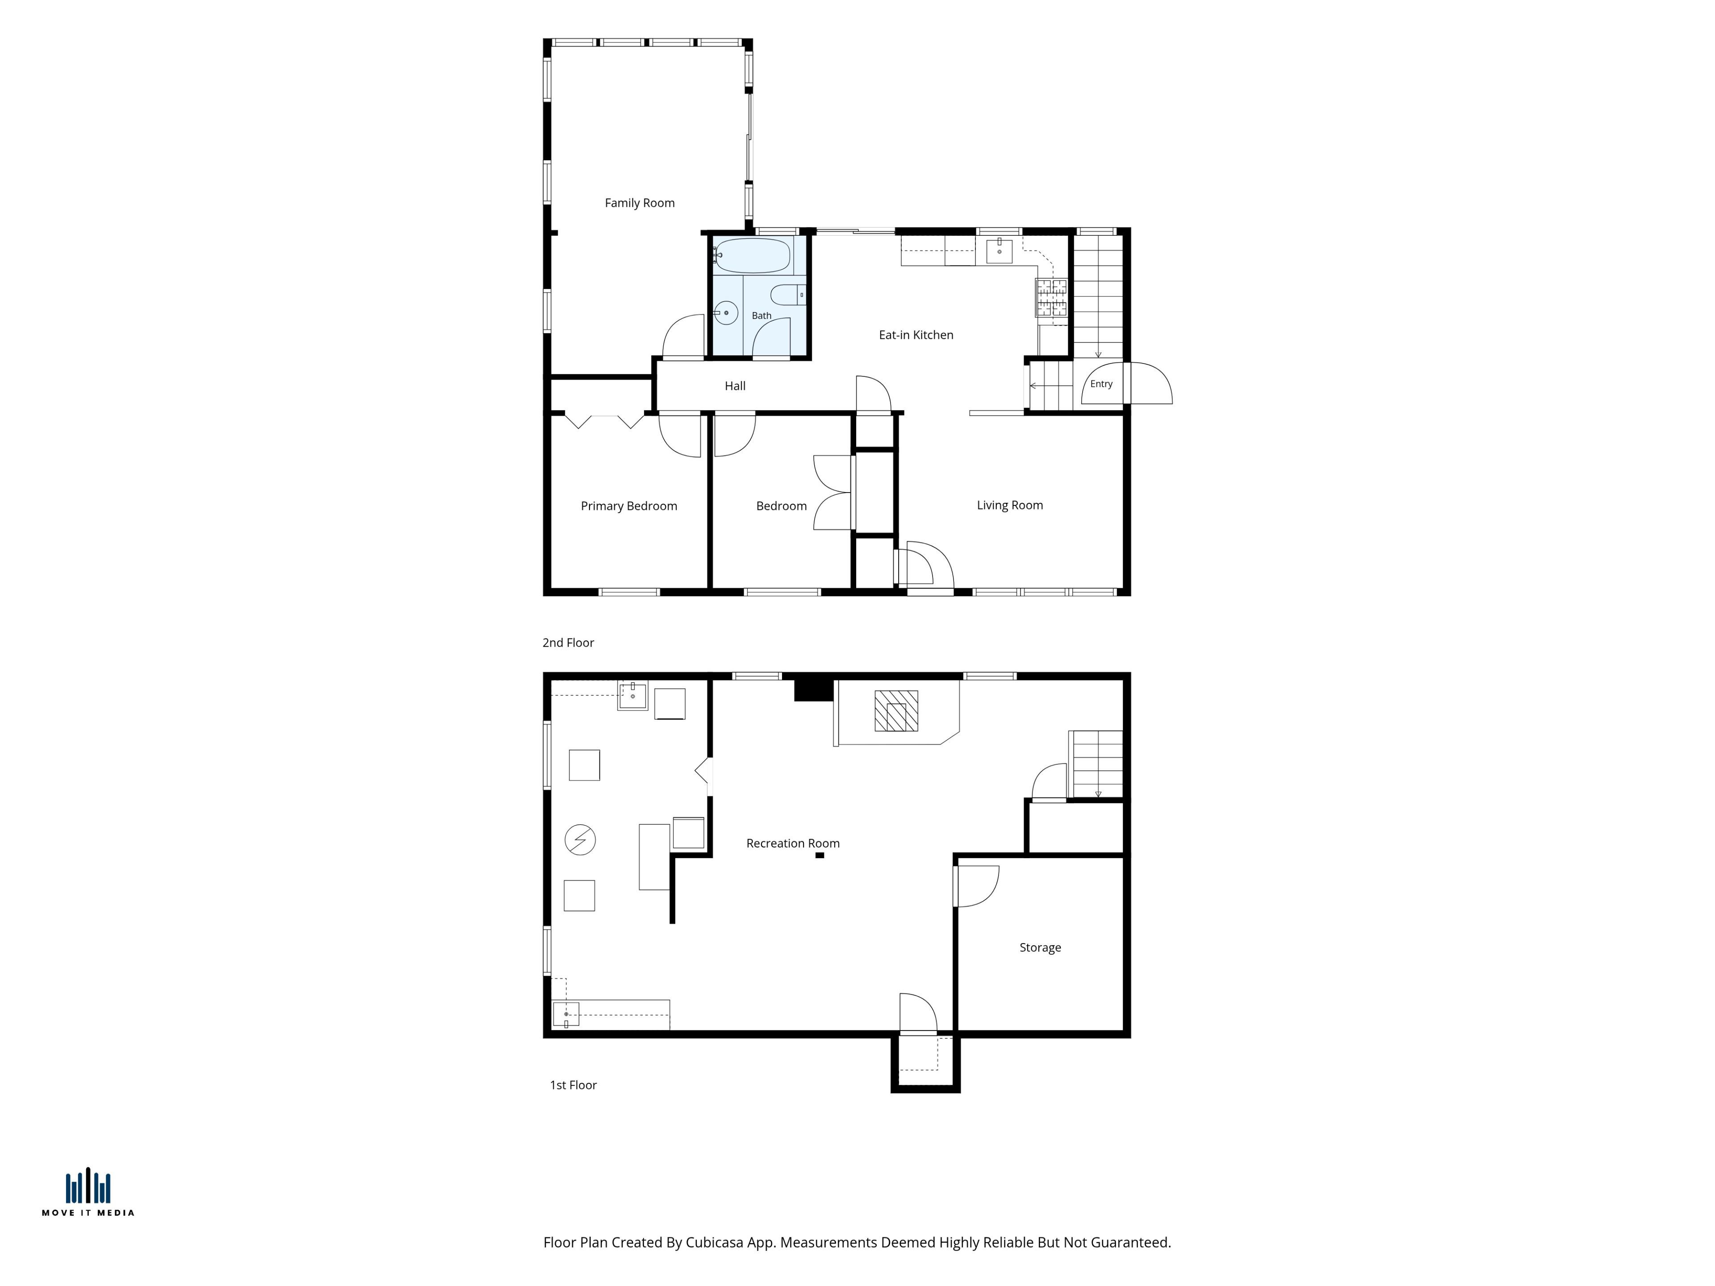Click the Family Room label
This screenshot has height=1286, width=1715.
coord(640,203)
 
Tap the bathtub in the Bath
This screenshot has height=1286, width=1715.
coord(752,255)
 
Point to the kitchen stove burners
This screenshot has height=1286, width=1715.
coord(1051,298)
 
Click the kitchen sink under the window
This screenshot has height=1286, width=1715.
coord(1000,251)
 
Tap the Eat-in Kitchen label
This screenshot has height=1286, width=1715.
coord(916,335)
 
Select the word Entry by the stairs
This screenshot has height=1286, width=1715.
coord(1101,384)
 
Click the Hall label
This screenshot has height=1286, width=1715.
coord(735,386)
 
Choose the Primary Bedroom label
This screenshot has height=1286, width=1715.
coord(629,506)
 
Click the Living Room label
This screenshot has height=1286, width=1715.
coord(1009,505)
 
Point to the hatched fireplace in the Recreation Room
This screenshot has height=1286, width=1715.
coord(896,711)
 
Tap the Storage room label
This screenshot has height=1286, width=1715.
coord(1040,947)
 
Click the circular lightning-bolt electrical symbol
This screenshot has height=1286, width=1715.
coord(580,839)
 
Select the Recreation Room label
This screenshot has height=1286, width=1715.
coord(792,843)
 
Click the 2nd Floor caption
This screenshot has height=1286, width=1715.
coord(568,643)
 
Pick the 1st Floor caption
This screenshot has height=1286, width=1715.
coord(573,1085)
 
